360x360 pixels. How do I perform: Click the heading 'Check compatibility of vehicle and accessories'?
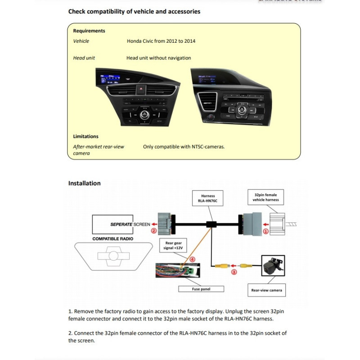(134, 11)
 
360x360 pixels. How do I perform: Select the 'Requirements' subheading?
(89, 31)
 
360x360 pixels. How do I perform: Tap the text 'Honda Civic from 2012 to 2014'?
(161, 41)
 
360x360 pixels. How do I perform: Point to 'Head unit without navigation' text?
(158, 58)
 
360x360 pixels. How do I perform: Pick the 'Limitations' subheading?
(85, 136)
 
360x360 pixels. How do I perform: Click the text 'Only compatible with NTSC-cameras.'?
(184, 147)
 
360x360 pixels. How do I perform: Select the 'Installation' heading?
(84, 183)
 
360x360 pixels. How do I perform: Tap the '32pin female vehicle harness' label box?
(266, 197)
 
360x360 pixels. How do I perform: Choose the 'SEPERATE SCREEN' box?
(121, 224)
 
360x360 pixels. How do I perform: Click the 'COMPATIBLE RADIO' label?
(112, 238)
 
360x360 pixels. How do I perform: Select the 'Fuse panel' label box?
(201, 289)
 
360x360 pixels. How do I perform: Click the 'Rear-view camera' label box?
(266, 290)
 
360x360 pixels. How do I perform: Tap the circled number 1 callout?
(265, 231)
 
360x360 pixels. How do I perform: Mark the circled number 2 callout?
(153, 231)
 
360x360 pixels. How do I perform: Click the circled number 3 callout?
(234, 272)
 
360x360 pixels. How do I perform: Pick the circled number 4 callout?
(192, 259)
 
